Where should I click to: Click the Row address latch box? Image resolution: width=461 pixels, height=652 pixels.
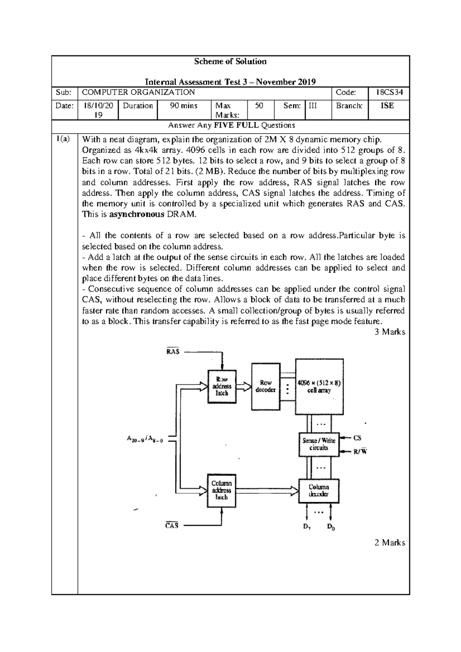(222, 386)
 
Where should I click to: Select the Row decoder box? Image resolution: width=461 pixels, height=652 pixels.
(265, 386)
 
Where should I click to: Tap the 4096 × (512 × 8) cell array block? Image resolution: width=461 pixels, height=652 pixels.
(319, 387)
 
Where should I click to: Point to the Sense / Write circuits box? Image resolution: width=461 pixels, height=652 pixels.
(318, 444)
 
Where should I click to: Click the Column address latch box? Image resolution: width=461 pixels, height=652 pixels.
(221, 490)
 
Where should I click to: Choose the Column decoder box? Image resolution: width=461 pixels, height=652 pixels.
(318, 491)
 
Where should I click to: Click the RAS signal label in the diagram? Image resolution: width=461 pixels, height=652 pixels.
(172, 351)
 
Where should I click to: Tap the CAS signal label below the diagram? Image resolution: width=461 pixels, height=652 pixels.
(172, 526)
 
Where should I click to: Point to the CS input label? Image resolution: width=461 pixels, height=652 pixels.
(357, 438)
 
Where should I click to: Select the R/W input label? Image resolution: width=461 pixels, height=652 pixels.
(360, 452)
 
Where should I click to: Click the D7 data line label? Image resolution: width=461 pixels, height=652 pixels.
(307, 527)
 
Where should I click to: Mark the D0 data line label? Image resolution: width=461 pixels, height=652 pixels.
(331, 527)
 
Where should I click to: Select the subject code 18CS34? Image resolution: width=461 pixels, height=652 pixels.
(388, 93)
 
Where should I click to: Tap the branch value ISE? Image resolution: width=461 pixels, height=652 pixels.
(387, 106)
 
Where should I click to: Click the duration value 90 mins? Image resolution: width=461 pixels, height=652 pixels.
(184, 106)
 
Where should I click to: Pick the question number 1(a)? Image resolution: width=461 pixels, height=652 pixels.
(63, 139)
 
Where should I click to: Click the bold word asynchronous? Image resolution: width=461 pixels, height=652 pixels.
(137, 215)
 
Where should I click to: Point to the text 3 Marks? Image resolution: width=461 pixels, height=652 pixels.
(390, 332)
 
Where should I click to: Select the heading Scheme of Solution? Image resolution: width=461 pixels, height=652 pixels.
(230, 61)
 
